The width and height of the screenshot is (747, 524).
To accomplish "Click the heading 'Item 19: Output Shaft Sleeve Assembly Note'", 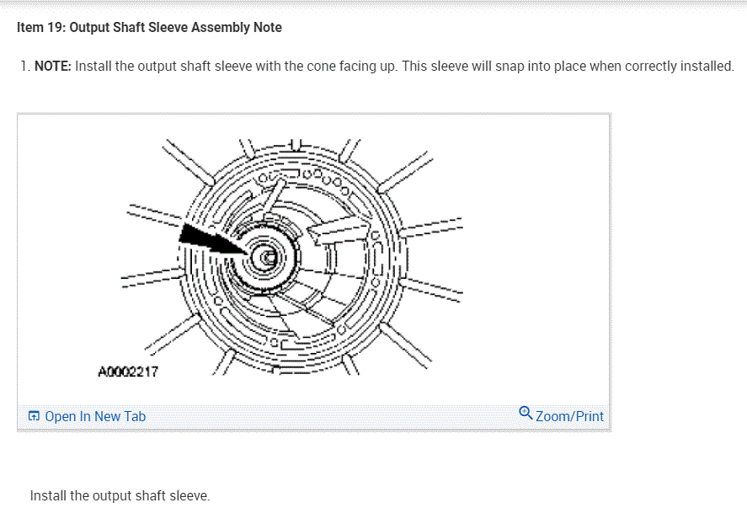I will (149, 28).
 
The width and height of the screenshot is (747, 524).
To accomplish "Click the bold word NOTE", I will (53, 66).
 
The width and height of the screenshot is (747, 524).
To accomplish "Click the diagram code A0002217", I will (128, 371).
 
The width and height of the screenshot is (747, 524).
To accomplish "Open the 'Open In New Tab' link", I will (95, 416).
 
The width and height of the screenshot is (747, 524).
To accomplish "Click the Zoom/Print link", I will (569, 416).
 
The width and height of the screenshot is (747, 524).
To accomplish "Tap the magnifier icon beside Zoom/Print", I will (526, 413).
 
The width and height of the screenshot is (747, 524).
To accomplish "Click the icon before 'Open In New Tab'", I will (34, 416).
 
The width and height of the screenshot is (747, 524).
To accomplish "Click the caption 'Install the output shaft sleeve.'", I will (120, 495).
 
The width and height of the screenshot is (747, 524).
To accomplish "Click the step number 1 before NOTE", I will (24, 66).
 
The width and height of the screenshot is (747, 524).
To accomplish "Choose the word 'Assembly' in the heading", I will (219, 28).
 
